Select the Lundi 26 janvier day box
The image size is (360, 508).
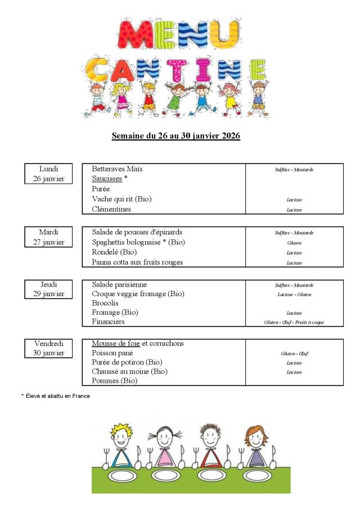(x=48, y=174)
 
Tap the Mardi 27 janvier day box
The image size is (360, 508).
(x=48, y=237)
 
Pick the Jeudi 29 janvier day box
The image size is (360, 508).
(x=48, y=289)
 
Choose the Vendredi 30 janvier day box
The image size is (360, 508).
(x=48, y=348)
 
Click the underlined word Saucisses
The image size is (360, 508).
(x=107, y=179)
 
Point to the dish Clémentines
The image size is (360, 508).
(x=111, y=209)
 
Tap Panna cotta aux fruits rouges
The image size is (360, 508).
(x=137, y=262)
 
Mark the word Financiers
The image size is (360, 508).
(x=108, y=321)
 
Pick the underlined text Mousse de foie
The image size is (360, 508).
(x=116, y=343)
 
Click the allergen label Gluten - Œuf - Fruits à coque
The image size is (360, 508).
(x=294, y=322)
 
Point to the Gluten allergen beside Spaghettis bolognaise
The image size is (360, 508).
(x=294, y=243)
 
